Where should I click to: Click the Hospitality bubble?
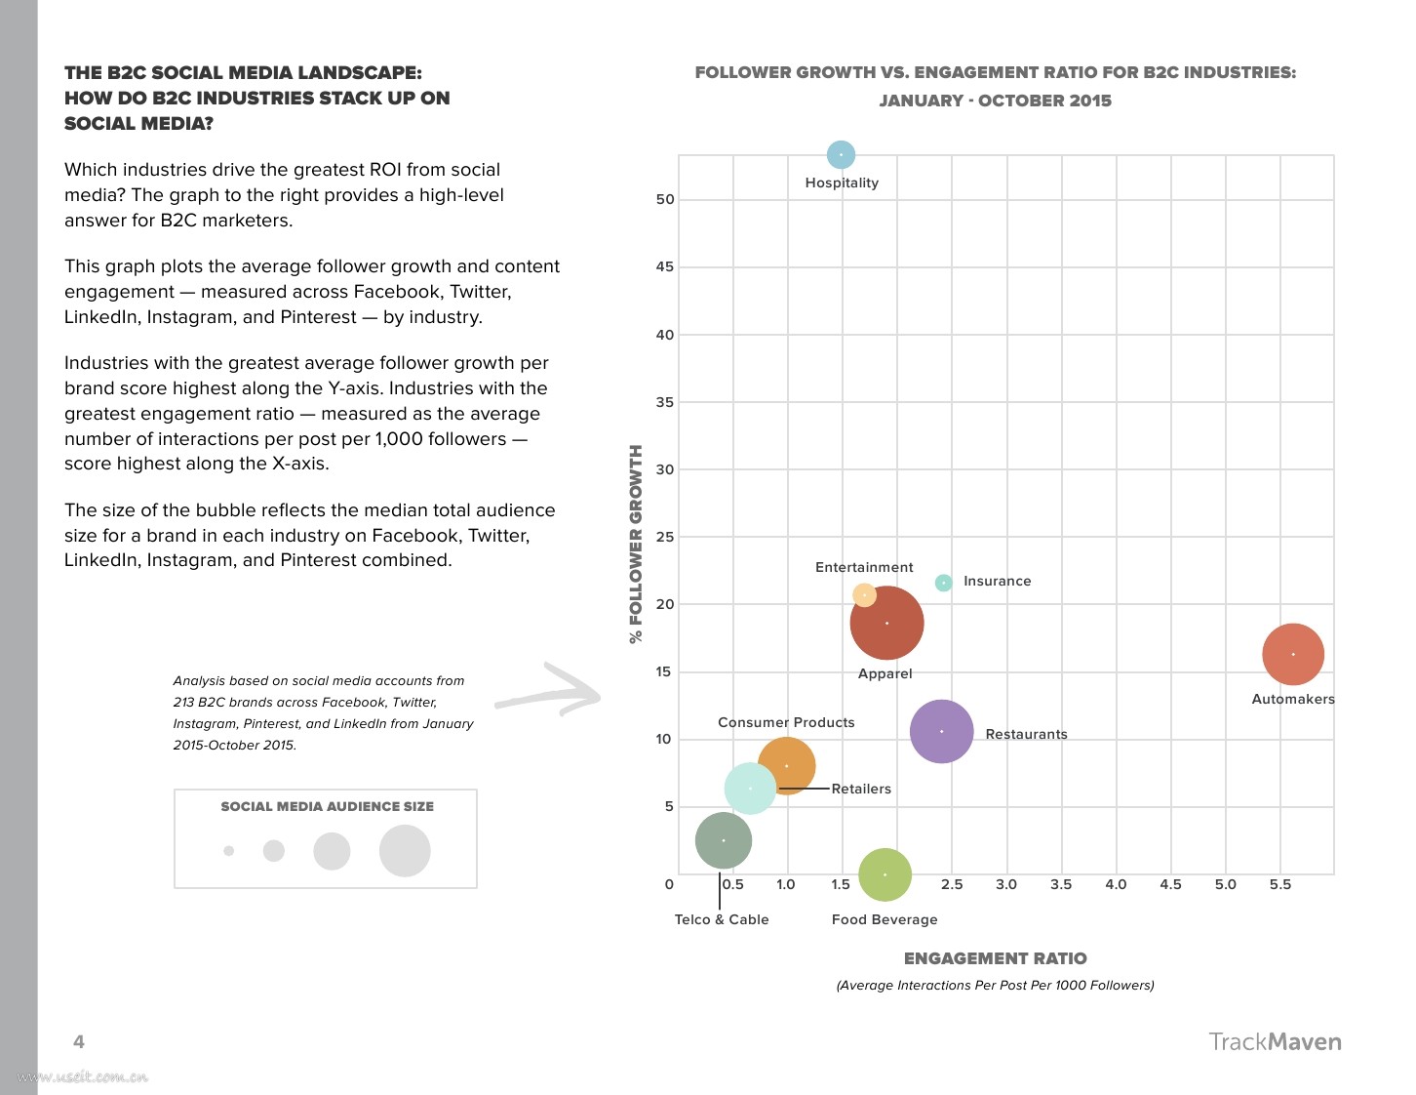click(841, 154)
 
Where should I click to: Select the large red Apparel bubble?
click(886, 623)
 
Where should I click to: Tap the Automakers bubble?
click(1293, 654)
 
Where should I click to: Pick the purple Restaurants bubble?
click(941, 731)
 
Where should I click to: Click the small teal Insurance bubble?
click(943, 583)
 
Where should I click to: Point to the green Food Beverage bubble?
click(885, 874)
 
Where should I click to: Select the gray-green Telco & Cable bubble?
click(723, 840)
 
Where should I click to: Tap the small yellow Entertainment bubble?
click(864, 594)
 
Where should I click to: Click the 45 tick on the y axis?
click(665, 266)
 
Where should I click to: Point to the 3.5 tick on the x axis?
click(1061, 884)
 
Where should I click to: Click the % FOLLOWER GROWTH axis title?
click(636, 544)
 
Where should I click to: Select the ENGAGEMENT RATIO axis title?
click(995, 958)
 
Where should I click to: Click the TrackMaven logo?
click(1275, 1041)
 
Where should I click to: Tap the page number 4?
click(79, 1041)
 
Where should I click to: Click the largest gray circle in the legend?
click(405, 851)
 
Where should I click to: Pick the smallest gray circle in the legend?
click(228, 851)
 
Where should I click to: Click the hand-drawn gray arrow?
click(548, 691)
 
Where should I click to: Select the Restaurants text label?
click(1026, 734)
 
